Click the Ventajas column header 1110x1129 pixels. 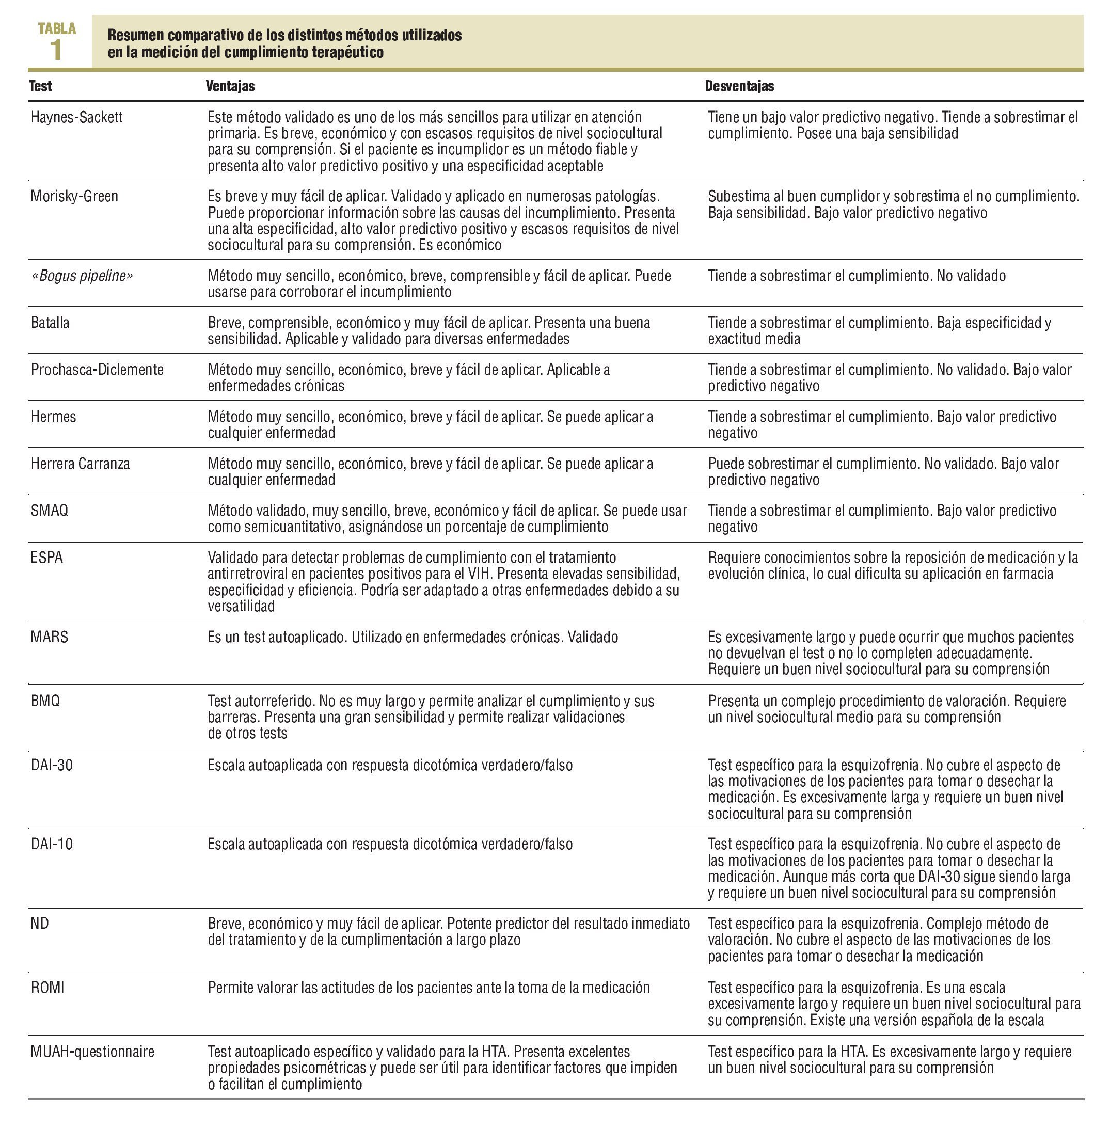230,86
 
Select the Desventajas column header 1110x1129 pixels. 739,86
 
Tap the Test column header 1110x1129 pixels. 40,86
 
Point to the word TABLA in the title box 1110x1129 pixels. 57,28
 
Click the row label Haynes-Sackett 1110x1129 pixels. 76,117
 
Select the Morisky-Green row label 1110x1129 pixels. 74,196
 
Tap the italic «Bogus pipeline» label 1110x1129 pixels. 82,276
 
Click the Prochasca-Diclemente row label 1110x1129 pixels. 97,370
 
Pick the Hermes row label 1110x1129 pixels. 53,417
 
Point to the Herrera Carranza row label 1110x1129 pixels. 80,464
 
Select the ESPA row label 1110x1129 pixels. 46,558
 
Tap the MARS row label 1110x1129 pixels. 49,637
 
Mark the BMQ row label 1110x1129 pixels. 45,701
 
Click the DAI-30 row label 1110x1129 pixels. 51,765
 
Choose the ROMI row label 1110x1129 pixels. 47,988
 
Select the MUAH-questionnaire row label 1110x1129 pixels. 92,1052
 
